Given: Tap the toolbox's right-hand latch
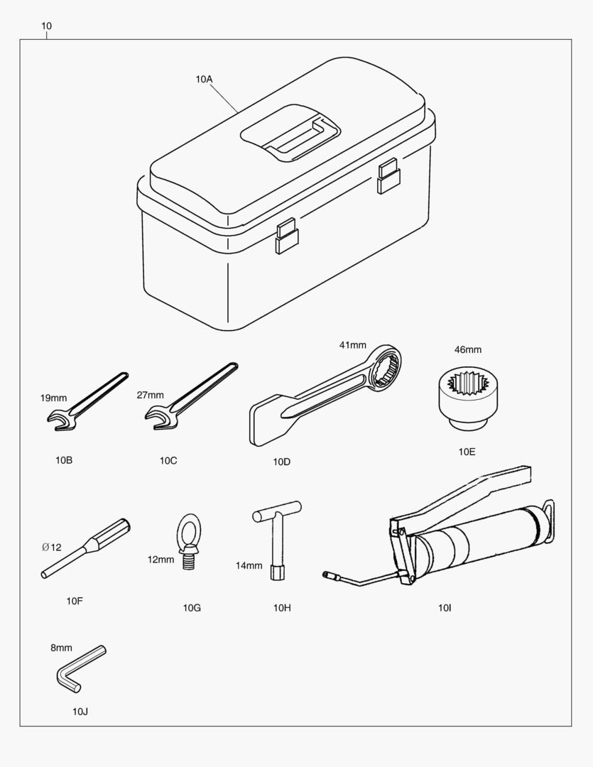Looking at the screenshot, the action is (388, 176).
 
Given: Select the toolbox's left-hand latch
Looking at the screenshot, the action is (287, 236).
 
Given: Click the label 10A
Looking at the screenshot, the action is (204, 80).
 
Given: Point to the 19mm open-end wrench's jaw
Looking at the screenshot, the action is (61, 420).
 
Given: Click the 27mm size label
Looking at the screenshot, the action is (151, 396).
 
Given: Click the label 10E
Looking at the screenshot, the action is (467, 452).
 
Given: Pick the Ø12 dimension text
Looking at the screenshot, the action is (51, 548).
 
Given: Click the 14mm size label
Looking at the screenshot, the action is (249, 566).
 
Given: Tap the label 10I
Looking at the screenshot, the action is (445, 608).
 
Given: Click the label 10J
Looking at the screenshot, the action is (80, 712).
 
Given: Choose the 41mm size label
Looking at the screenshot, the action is (353, 345).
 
